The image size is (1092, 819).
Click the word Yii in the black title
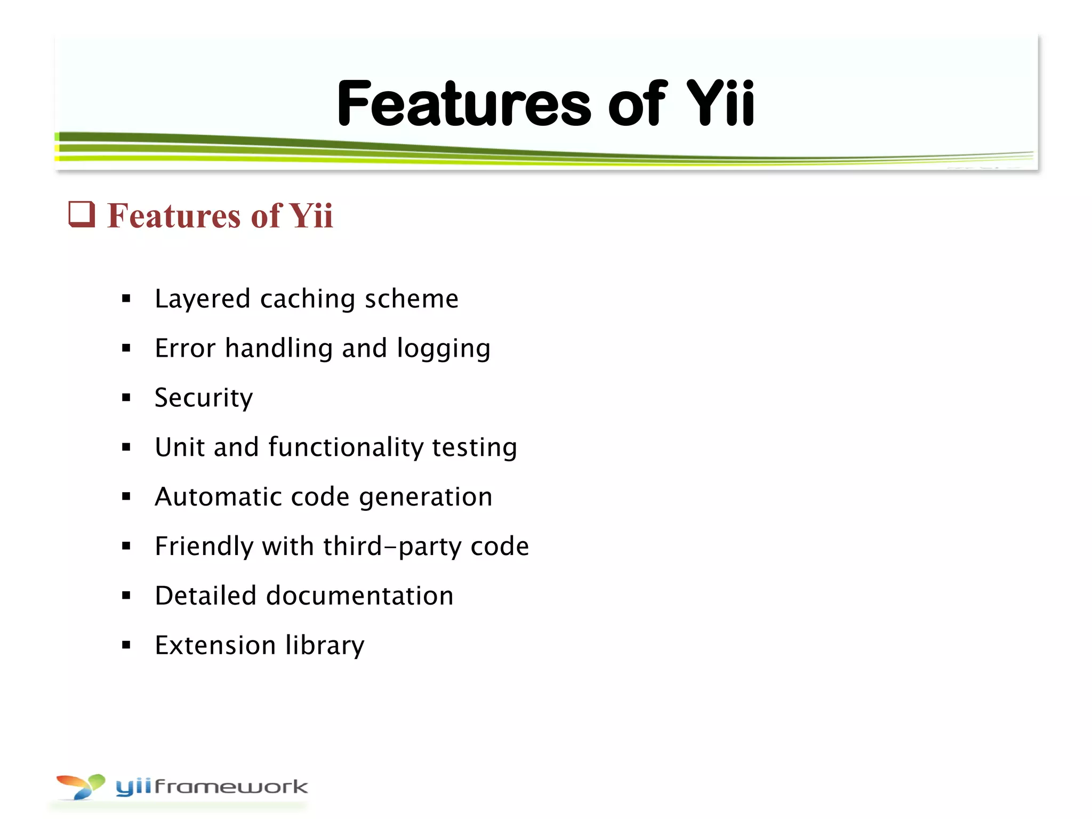pyautogui.click(x=720, y=104)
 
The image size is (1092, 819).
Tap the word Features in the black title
pyautogui.click(x=464, y=104)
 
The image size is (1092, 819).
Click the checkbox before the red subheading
pyautogui.click(x=82, y=214)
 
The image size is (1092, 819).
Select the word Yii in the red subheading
pyautogui.click(x=311, y=216)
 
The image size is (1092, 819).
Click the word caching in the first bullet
pyautogui.click(x=307, y=299)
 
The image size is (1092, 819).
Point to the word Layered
pyautogui.click(x=202, y=299)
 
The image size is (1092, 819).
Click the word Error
pyautogui.click(x=185, y=348)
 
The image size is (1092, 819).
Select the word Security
pyautogui.click(x=204, y=398)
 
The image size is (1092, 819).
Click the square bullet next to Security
pyautogui.click(x=126, y=397)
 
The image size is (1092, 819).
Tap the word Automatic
pyautogui.click(x=218, y=496)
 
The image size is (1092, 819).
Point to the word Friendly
pyautogui.click(x=204, y=547)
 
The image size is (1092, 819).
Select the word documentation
pyautogui.click(x=359, y=596)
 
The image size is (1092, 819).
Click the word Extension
pyautogui.click(x=215, y=645)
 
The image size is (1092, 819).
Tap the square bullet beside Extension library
pyautogui.click(x=126, y=645)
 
